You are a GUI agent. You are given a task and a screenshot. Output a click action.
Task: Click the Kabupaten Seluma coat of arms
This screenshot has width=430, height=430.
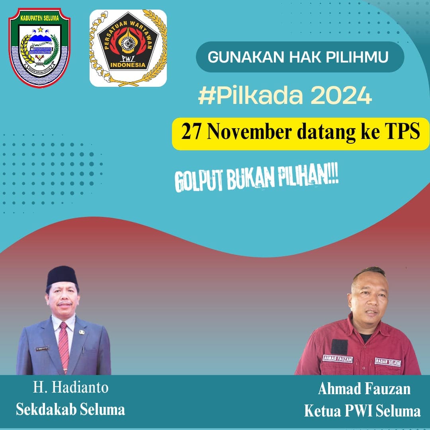coord(39,47)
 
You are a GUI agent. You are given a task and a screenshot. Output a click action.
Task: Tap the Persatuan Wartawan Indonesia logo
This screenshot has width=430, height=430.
coord(128,48)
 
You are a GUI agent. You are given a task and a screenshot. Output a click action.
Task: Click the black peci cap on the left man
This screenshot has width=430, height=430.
coord(62,275)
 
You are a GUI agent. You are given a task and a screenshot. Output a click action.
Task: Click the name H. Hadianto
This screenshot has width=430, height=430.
coord(70,387)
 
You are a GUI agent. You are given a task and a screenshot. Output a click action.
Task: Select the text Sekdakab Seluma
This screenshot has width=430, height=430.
coord(70,409)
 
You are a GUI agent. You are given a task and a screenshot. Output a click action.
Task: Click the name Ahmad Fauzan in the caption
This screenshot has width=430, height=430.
coord(364,389)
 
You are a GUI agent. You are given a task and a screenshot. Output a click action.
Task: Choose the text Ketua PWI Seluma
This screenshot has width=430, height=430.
coord(362,410)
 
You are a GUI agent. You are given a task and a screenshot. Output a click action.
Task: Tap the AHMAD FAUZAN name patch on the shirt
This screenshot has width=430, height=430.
coord(338,358)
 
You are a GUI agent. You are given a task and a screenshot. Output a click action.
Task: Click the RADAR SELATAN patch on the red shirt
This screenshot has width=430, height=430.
coord(388,362)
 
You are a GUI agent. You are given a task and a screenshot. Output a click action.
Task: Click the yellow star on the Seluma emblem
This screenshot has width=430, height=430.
coord(40,30)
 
